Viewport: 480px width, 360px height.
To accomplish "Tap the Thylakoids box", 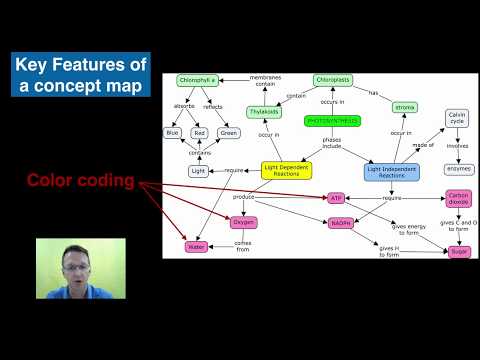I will pyautogui.click(x=265, y=113).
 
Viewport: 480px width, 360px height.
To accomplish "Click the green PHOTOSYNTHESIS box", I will pyautogui.click(x=332, y=121).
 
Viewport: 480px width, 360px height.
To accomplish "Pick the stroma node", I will pyautogui.click(x=405, y=107).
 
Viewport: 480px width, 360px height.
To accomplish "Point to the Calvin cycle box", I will pyautogui.click(x=457, y=121).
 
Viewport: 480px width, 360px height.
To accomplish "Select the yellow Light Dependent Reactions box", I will pyautogui.click(x=290, y=170).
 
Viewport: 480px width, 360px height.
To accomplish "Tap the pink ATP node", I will pyautogui.click(x=336, y=199).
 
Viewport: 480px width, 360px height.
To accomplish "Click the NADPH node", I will pyautogui.click(x=341, y=223).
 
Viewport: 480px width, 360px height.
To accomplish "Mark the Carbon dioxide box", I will pyautogui.click(x=459, y=198).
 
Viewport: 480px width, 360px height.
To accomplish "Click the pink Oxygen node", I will pyautogui.click(x=245, y=223).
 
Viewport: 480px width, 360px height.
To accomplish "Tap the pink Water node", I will pyautogui.click(x=195, y=245).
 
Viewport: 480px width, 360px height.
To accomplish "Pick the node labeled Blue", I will pyautogui.click(x=172, y=133).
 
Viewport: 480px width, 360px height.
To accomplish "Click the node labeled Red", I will pyautogui.click(x=200, y=133).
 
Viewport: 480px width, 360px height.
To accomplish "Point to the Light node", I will pyautogui.click(x=199, y=171).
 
